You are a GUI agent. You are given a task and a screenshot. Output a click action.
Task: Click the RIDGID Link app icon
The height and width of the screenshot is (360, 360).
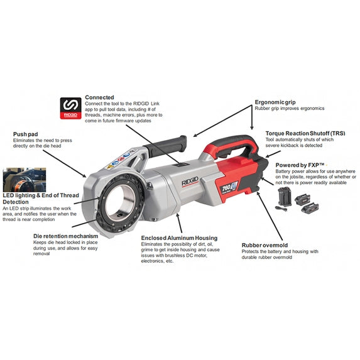(71, 108)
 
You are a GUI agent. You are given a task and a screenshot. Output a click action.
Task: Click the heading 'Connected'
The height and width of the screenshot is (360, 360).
(99, 97)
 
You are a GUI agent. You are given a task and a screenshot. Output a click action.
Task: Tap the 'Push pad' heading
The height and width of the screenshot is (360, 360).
(26, 134)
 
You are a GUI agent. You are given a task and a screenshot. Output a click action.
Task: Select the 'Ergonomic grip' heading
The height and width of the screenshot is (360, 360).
(275, 102)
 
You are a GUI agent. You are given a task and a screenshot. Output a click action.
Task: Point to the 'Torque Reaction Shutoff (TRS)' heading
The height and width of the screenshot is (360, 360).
(305, 133)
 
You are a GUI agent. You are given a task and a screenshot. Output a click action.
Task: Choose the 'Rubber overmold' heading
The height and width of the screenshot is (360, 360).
(265, 245)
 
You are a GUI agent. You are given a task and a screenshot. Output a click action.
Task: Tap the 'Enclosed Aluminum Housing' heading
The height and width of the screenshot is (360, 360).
(179, 238)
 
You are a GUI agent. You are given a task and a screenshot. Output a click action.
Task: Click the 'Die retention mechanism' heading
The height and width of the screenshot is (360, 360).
(66, 236)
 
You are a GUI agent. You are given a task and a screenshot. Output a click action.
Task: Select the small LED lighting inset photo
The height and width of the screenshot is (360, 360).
(25, 180)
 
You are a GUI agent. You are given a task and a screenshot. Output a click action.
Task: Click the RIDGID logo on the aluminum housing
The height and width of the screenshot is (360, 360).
(190, 182)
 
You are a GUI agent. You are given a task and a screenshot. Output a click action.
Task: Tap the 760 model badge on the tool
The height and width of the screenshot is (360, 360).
(229, 187)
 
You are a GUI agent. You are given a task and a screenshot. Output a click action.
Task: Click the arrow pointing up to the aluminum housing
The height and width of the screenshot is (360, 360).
(179, 223)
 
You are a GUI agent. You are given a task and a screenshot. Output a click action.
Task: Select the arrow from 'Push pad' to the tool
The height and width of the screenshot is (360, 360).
(65, 163)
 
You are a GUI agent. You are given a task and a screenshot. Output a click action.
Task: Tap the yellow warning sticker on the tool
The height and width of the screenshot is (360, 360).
(111, 166)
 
